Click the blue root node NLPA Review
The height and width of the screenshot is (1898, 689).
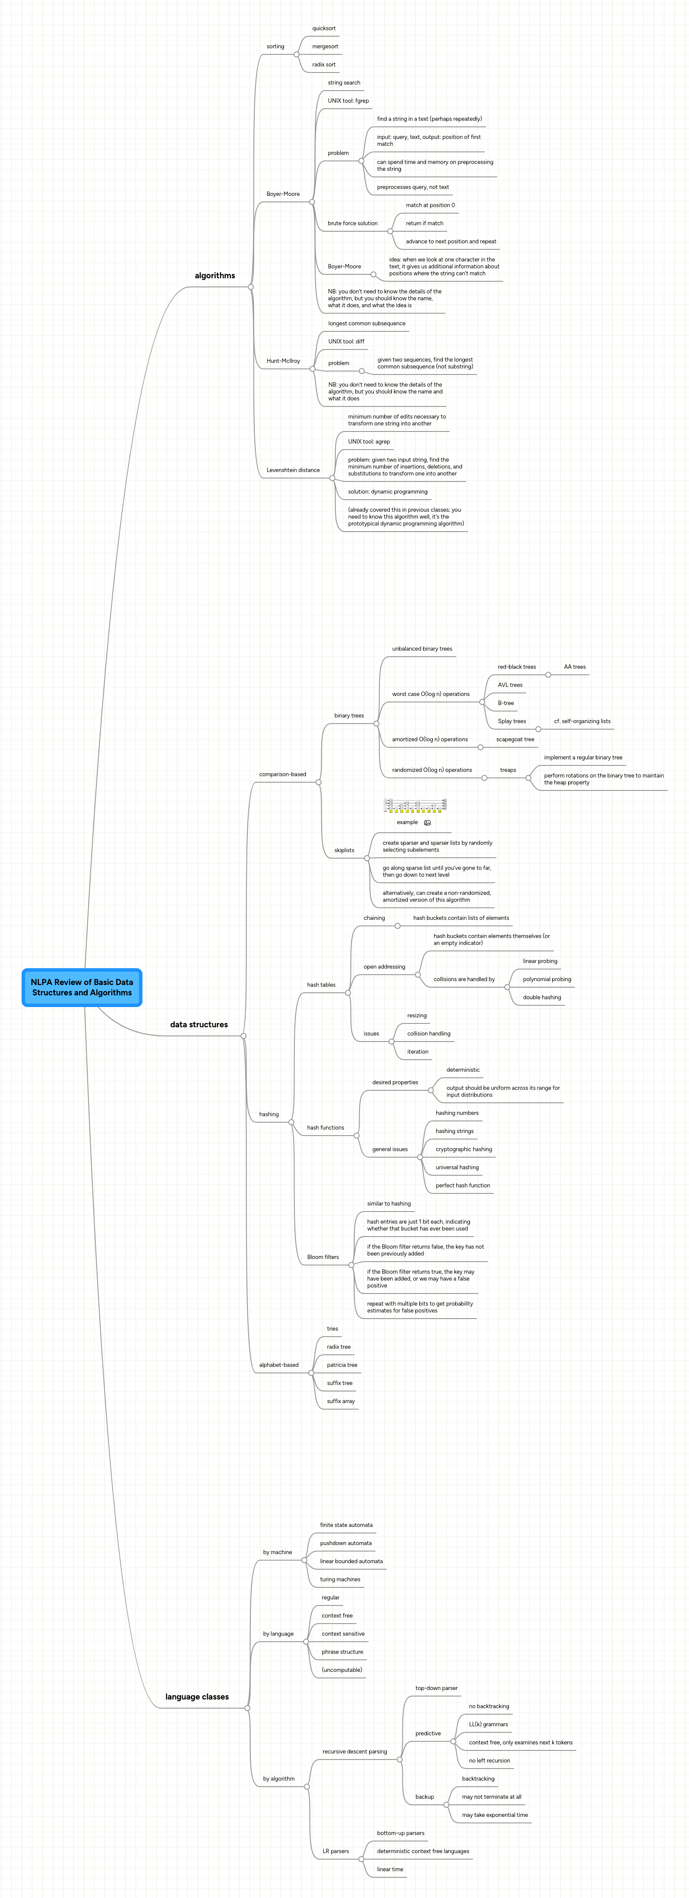point(82,987)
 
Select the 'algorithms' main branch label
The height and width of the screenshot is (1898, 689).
point(215,276)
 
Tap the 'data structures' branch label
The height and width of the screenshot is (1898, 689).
point(199,1024)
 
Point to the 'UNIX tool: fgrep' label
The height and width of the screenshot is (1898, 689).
point(348,101)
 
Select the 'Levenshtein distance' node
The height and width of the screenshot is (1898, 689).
point(293,470)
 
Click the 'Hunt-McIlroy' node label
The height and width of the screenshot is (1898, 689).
point(283,361)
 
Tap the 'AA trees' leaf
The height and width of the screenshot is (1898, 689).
point(575,667)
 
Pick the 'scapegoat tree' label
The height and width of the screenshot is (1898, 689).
point(515,739)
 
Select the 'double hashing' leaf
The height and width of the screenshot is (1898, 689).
point(542,998)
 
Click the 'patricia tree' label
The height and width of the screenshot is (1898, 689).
point(342,1365)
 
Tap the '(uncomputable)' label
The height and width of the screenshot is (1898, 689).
point(342,1670)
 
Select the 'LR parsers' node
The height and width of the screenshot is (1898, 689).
point(335,1851)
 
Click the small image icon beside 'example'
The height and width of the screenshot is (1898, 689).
point(427,823)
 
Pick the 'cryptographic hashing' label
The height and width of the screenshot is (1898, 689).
point(464,1149)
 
